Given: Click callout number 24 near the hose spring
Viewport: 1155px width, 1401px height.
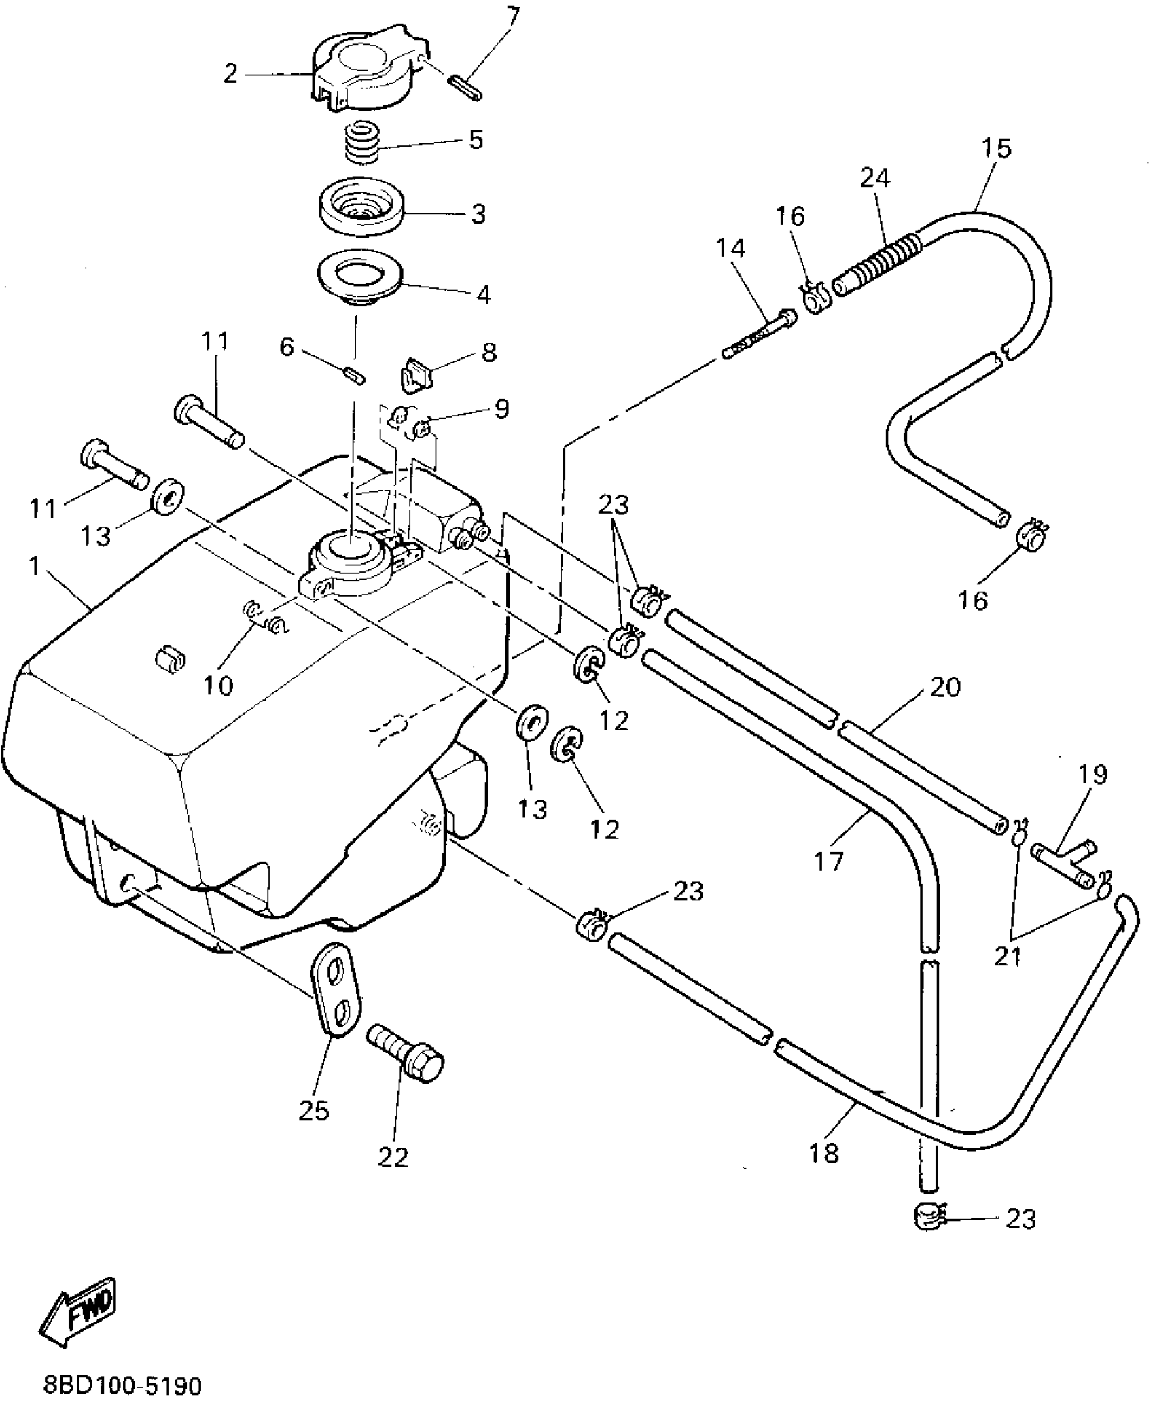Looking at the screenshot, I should point(874,178).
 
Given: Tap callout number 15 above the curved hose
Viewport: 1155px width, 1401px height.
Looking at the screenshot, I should point(997,148).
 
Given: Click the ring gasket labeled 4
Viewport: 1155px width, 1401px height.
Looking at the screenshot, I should point(361,279).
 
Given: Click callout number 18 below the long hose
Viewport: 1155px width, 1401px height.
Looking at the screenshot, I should point(825,1152).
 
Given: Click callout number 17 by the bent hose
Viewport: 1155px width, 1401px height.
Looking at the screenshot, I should point(829,861).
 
